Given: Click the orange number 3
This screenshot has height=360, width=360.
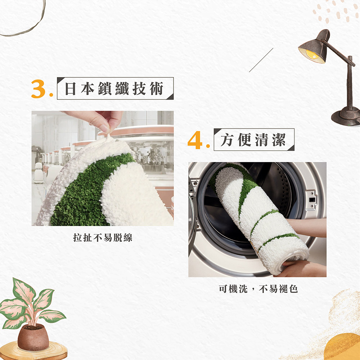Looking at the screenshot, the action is pyautogui.click(x=39, y=89).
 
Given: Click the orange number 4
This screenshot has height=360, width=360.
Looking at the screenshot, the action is pyautogui.click(x=195, y=140).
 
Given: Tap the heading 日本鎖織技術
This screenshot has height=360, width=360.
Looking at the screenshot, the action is pyautogui.click(x=114, y=89).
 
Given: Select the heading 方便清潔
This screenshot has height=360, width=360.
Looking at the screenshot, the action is pyautogui.click(x=253, y=140).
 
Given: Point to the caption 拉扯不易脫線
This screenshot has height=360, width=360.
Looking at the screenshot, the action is pyautogui.click(x=103, y=238).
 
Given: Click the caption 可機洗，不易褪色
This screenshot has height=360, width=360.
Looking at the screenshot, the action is pyautogui.click(x=258, y=289).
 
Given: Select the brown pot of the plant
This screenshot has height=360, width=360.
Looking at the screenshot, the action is pyautogui.click(x=33, y=337).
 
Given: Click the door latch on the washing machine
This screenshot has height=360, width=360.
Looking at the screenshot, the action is pyautogui.click(x=311, y=200).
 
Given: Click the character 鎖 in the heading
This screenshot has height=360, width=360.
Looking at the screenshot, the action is pyautogui.click(x=105, y=89).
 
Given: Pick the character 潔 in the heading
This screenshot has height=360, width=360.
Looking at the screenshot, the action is pyautogui.click(x=279, y=140).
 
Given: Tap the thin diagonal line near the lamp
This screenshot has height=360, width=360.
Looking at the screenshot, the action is pyautogui.click(x=261, y=60).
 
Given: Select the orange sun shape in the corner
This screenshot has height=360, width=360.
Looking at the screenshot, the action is pyautogui.click(x=343, y=347).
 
